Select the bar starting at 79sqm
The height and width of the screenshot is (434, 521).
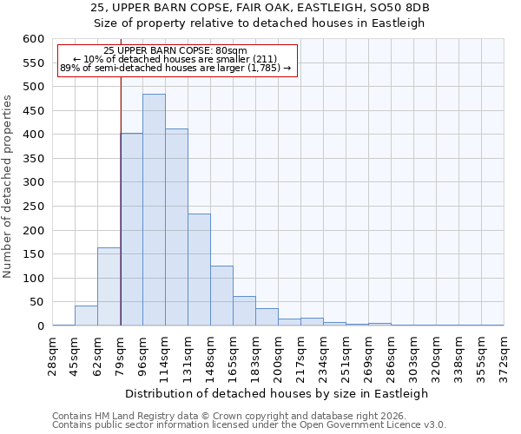pyautogui.click(x=131, y=230)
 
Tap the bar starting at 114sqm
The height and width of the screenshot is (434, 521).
pyautogui.click(x=176, y=227)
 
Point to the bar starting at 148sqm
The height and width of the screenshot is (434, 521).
pyautogui.click(x=221, y=296)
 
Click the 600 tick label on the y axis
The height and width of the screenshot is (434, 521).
pyautogui.click(x=32, y=39)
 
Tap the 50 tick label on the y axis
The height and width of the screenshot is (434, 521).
pyautogui.click(x=36, y=302)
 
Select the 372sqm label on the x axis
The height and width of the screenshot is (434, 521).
pyautogui.click(x=504, y=353)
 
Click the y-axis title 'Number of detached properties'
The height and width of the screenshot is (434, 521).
pyautogui.click(x=9, y=187)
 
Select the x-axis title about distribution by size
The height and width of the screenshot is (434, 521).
pyautogui.click(x=278, y=393)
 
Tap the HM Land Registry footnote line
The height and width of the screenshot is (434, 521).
pyautogui.click(x=230, y=416)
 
